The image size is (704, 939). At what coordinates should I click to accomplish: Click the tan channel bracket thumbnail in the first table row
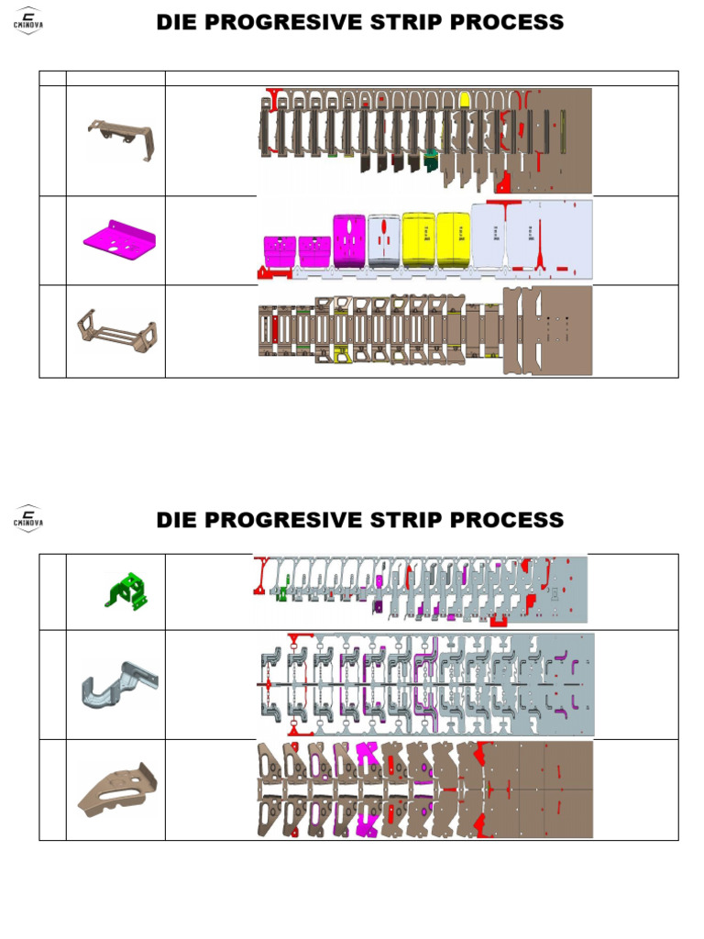tap(120, 138)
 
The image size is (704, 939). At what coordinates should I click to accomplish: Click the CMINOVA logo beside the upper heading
tap(28, 22)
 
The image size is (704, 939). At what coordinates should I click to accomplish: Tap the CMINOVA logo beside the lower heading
tap(28, 519)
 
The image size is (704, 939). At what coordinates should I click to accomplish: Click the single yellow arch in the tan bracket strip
tap(466, 100)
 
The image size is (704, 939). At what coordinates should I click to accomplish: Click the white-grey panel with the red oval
tap(383, 240)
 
